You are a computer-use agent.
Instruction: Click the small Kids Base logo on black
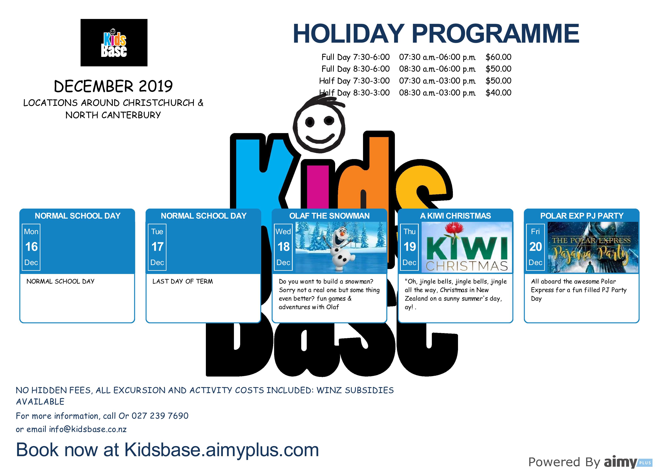(x=114, y=43)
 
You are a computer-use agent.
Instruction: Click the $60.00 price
(x=498, y=57)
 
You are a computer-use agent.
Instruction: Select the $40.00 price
(x=498, y=93)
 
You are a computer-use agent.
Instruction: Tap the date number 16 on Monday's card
(x=31, y=247)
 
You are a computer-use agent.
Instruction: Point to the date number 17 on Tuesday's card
(x=157, y=247)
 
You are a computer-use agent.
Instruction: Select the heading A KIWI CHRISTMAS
(x=455, y=216)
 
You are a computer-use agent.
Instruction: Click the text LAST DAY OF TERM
(x=183, y=282)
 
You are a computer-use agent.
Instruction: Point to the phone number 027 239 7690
(x=160, y=416)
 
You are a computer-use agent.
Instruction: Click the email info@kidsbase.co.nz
(x=88, y=429)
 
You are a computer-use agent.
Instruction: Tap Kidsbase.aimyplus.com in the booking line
(x=222, y=450)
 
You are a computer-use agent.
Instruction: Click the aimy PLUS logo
(x=628, y=462)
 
